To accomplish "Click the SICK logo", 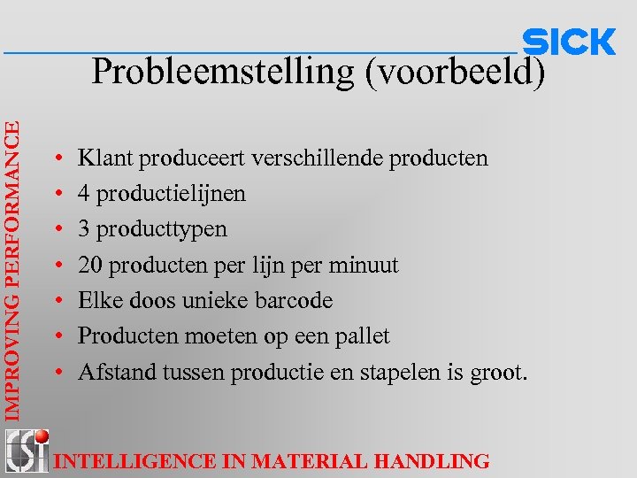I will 569,42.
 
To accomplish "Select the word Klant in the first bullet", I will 103,158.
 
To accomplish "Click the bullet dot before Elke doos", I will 57,301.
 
